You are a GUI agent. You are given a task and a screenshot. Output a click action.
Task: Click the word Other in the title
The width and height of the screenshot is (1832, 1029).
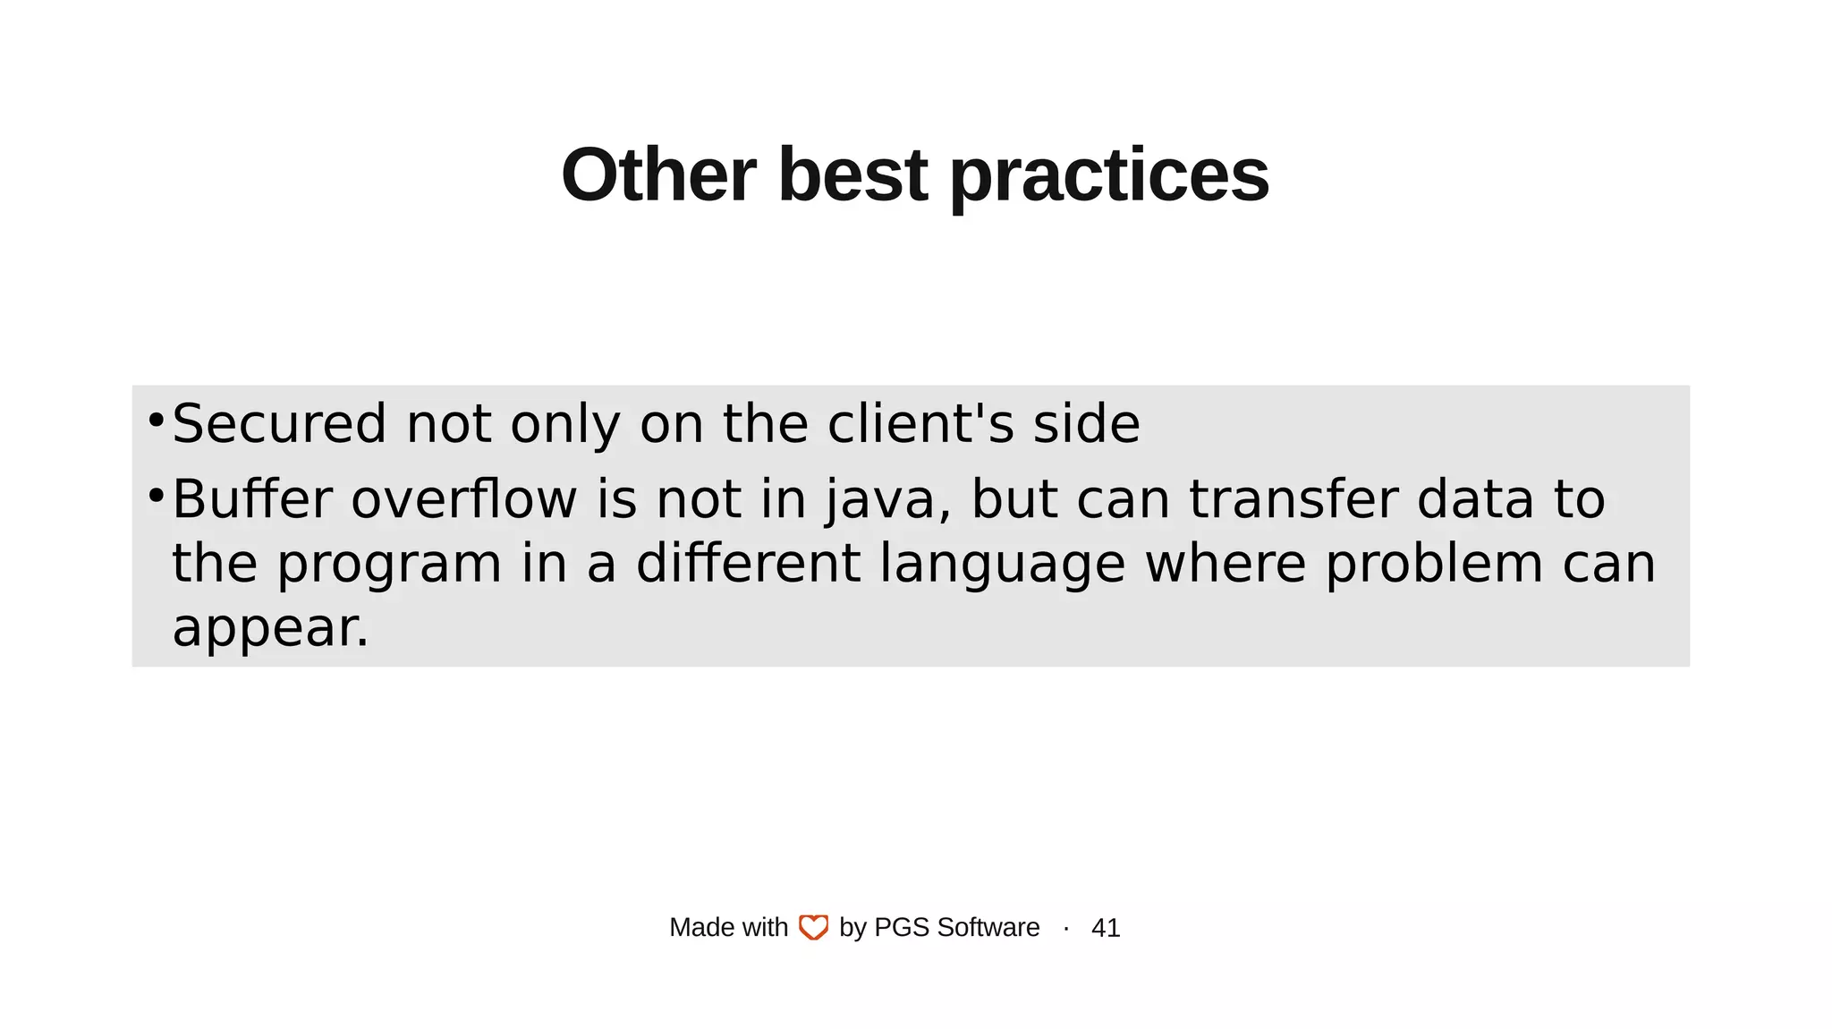(658, 175)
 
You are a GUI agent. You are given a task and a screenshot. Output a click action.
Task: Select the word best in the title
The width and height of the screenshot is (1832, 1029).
(852, 175)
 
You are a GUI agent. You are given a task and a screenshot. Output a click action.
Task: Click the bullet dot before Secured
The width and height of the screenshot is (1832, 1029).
(156, 419)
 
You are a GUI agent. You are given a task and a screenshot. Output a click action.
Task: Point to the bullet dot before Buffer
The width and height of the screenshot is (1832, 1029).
(156, 494)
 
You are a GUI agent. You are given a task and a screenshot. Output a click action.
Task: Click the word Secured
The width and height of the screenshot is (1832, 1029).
(279, 423)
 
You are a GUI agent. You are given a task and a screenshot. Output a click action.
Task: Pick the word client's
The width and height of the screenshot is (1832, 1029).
(920, 423)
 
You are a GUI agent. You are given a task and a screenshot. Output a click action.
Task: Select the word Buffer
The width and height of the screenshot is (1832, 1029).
(252, 498)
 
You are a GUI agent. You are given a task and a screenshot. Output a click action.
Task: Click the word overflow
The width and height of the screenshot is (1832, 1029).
(464, 498)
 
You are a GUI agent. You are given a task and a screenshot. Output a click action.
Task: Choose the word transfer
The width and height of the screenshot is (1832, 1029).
(1293, 498)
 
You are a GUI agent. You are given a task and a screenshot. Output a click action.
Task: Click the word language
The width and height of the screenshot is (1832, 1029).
(1002, 565)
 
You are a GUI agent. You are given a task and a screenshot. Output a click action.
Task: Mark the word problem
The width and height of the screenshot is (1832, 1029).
(1434, 565)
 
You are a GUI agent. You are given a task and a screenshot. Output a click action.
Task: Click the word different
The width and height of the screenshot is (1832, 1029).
(748, 563)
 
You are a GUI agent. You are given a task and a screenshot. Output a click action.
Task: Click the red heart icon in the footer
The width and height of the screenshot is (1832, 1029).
(813, 927)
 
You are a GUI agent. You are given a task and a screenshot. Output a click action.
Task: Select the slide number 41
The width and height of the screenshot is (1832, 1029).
(1106, 928)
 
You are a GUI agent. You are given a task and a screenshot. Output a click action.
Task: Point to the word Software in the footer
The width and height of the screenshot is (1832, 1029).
(988, 927)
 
